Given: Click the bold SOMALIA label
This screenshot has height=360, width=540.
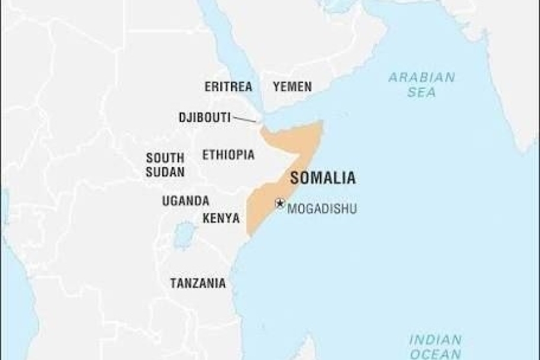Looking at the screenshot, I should point(323,178).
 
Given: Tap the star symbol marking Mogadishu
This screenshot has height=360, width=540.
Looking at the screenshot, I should point(280,203).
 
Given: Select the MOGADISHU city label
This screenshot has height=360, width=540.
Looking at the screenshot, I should point(322,209).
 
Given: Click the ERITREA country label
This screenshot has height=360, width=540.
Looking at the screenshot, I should point(228,86).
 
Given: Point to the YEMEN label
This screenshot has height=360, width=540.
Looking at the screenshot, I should point(292,86).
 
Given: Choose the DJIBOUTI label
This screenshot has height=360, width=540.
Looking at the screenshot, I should point(205,117).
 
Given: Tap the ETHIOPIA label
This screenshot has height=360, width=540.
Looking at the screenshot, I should point(228,155).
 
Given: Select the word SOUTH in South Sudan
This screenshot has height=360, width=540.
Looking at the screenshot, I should point(165,158).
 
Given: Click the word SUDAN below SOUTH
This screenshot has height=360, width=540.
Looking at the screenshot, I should point(165,172).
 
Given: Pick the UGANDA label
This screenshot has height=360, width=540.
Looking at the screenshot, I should point(185,201).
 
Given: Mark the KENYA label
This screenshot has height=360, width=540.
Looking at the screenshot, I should point(221,218).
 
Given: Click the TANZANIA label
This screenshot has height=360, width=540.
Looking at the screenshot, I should point(198,283).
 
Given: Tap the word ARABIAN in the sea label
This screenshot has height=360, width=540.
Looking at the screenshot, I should point(421,77).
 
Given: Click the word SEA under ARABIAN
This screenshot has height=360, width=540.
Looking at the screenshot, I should point(421,92).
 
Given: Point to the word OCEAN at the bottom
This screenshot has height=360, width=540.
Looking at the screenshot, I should point(435,354).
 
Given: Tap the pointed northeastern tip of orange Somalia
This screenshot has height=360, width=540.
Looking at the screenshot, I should point(322,123).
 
